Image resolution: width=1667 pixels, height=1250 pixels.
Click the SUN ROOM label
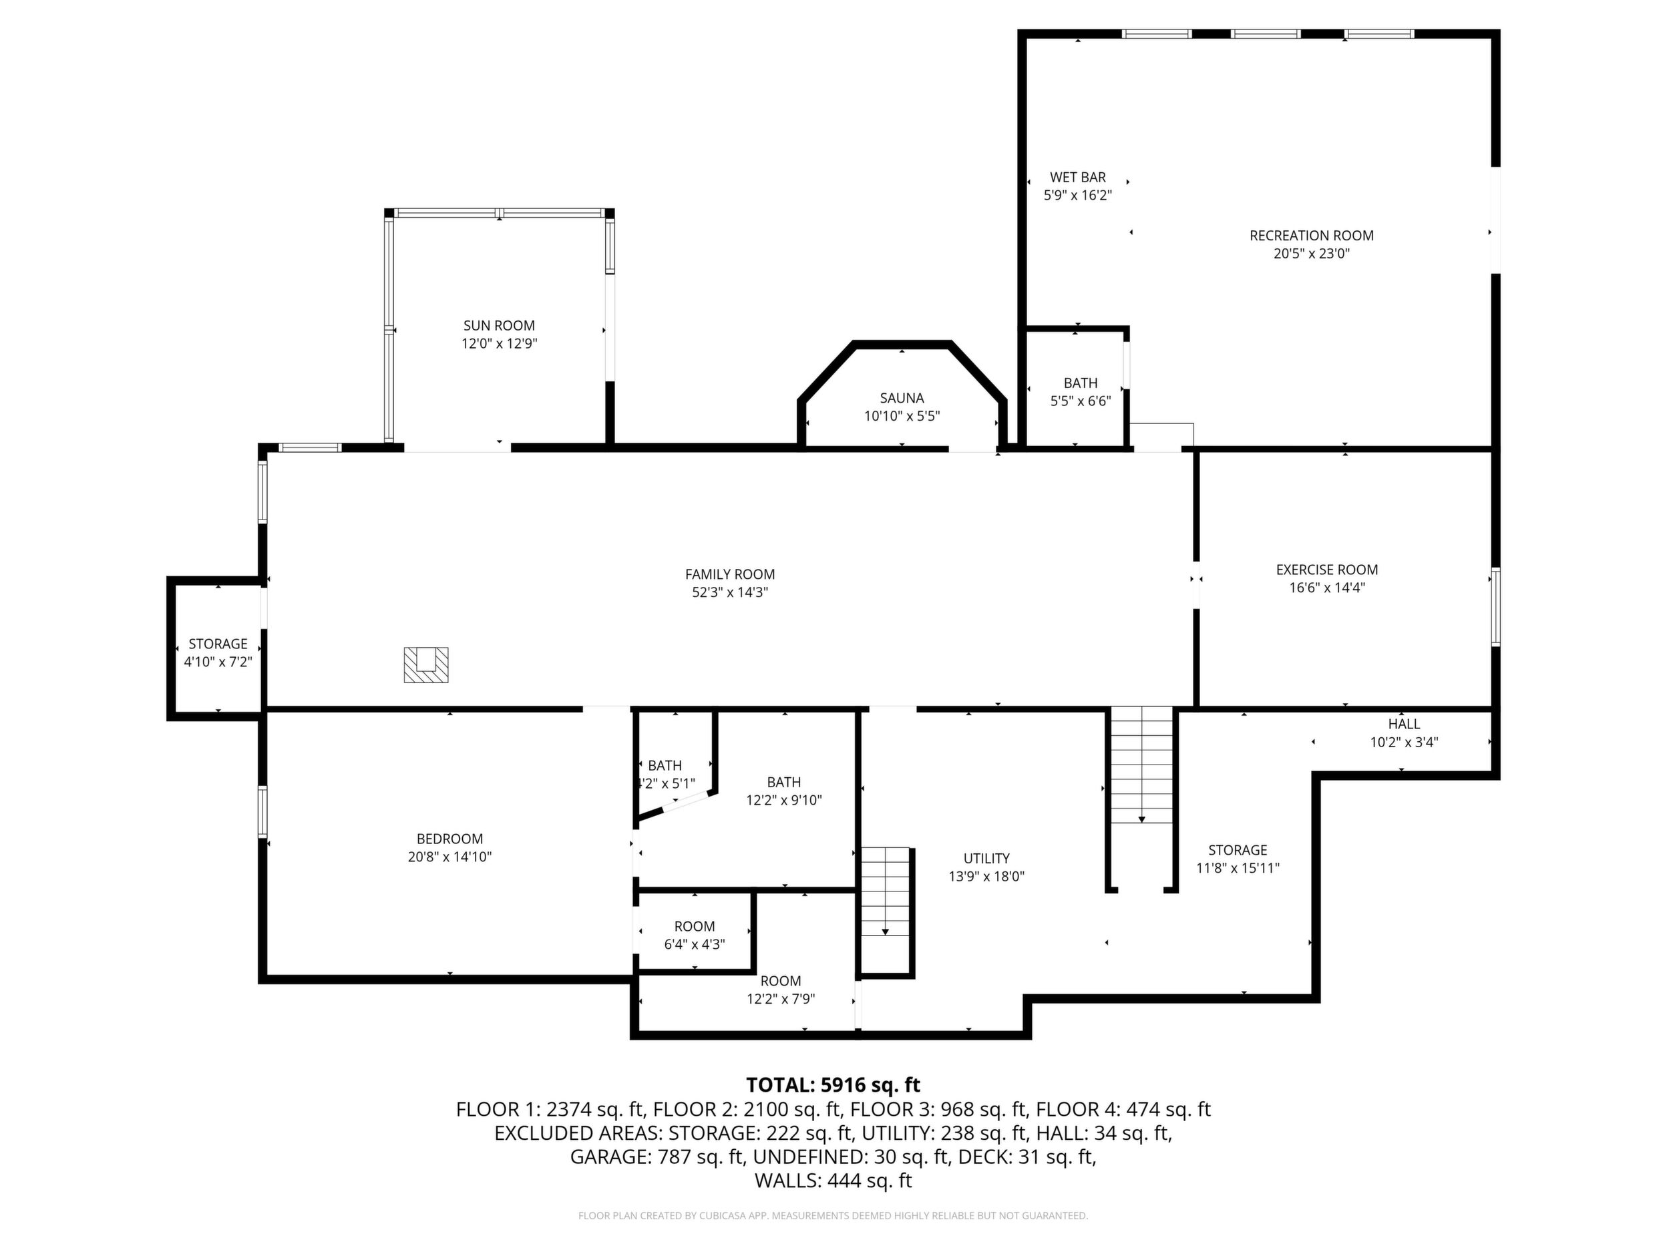(x=499, y=325)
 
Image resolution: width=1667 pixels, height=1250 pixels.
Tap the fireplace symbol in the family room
(x=426, y=664)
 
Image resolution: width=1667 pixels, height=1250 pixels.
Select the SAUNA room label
(x=902, y=398)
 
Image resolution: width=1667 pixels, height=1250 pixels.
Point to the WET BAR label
(x=1078, y=177)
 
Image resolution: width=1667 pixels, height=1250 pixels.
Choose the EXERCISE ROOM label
(x=1326, y=570)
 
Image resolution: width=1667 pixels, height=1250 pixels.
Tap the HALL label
(x=1404, y=723)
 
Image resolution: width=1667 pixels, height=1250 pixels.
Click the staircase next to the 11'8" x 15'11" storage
(x=1142, y=765)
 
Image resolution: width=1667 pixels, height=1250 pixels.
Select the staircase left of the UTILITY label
(x=886, y=891)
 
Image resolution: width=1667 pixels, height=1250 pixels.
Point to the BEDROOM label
(x=450, y=839)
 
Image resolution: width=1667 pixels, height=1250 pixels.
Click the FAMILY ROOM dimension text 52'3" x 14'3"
(x=729, y=592)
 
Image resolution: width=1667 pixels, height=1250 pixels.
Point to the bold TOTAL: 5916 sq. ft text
(x=833, y=1084)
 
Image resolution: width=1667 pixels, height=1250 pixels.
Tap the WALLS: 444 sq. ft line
(x=833, y=1181)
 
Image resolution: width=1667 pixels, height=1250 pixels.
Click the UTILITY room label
(x=986, y=858)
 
